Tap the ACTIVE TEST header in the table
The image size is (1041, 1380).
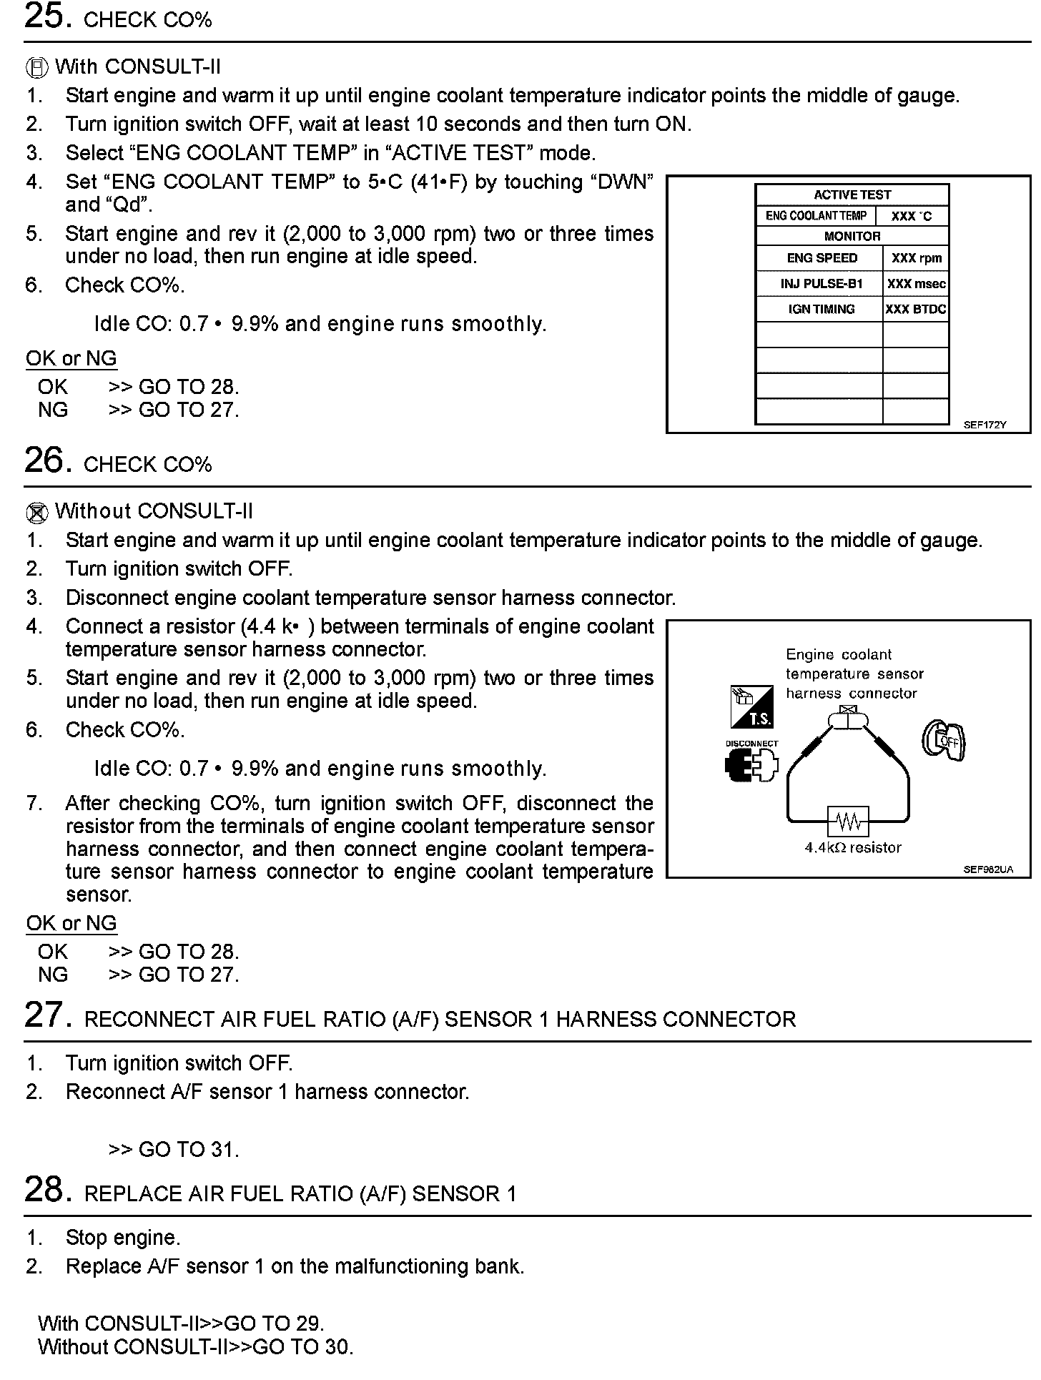[x=852, y=194]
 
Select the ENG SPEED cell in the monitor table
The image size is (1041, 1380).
[x=821, y=258]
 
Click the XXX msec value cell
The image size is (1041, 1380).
[x=916, y=284]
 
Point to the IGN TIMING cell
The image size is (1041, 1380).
[x=821, y=309]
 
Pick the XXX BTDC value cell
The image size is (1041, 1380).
[x=916, y=309]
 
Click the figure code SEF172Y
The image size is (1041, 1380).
[x=985, y=425]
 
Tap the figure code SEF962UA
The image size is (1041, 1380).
[x=987, y=869]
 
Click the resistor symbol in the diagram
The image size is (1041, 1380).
[x=849, y=822]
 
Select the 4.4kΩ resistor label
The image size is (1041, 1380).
[x=853, y=847]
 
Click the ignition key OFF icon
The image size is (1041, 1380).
[x=944, y=739]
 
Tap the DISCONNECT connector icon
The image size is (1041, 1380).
[x=751, y=766]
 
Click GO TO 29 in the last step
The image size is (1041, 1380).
[x=274, y=1323]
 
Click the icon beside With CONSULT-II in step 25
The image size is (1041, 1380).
[x=37, y=68]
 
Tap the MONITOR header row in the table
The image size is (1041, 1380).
[x=852, y=236]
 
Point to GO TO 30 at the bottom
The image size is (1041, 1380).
[x=303, y=1346]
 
